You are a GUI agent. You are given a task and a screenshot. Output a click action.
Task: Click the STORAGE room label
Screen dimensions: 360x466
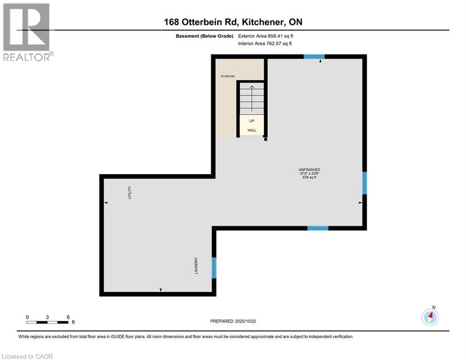coord(228,76)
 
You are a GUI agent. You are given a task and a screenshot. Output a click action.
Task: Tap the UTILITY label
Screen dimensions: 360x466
coord(130,193)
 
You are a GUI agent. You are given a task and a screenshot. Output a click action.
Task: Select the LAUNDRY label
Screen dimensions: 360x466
coord(197,265)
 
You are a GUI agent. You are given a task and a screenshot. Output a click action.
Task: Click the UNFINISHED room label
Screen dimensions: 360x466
coord(309,169)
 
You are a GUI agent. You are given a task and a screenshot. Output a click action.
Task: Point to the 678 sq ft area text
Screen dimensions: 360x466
coord(309,177)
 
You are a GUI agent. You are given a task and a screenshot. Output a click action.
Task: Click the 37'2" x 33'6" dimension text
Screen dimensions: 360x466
coord(309,173)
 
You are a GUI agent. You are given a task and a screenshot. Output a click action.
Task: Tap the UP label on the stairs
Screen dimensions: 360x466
coord(251,120)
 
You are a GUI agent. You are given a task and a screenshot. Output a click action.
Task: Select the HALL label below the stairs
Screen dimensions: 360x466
coord(251,130)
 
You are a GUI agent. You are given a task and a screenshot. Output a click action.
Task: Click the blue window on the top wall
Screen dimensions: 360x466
coord(314,57)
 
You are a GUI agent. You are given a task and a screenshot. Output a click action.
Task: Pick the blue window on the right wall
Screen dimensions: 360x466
coord(364,183)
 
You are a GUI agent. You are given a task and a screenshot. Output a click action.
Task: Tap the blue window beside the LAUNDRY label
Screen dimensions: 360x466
coord(214,267)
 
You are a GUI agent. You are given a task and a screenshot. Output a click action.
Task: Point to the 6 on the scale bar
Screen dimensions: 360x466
coord(68,317)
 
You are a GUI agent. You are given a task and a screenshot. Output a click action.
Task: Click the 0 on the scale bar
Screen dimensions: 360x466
coord(28,317)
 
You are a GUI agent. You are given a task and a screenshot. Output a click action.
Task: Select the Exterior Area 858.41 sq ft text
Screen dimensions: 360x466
coord(266,36)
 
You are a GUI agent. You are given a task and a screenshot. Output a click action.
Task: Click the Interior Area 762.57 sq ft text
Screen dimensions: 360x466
coord(265,43)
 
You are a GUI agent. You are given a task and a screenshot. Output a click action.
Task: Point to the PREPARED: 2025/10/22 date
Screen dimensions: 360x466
coord(233,321)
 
